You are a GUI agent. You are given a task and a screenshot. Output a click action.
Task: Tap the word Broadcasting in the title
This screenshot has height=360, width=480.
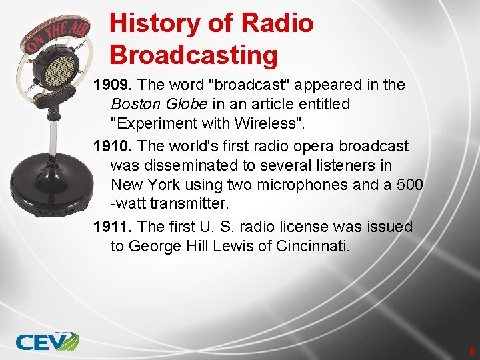pos(193,55)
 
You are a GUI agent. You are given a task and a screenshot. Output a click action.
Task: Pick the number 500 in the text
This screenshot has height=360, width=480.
pos(409,184)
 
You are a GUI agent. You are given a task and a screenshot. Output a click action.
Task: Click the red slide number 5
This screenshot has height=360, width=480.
pos(471,351)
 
